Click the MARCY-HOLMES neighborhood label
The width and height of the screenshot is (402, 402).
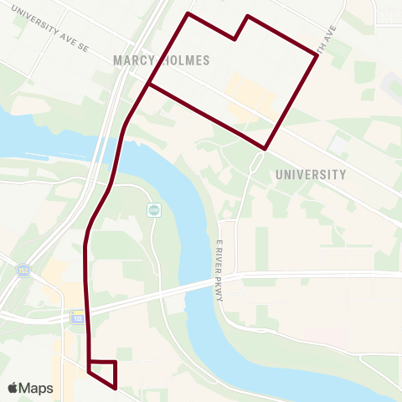[161, 60]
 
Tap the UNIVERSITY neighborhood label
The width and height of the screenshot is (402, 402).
[310, 175]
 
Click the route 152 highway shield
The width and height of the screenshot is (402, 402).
[22, 271]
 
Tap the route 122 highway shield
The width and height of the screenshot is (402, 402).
[76, 317]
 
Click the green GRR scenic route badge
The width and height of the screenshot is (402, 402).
[153, 209]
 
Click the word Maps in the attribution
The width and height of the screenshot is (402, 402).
[37, 388]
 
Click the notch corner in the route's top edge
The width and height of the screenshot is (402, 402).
[236, 39]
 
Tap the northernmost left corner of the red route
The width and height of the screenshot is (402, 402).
[188, 13]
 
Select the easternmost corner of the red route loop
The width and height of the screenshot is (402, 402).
[317, 55]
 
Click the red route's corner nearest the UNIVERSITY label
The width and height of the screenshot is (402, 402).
[265, 149]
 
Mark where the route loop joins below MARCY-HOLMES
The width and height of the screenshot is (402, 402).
[148, 85]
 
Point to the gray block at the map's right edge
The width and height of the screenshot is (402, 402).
[392, 84]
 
